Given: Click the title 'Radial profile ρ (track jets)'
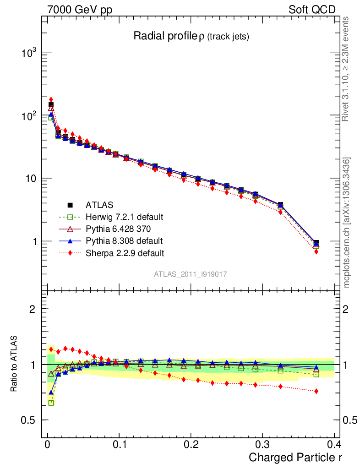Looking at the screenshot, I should (191, 37).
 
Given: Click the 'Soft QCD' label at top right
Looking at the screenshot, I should (312, 10).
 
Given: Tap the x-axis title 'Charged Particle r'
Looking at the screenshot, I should (295, 457).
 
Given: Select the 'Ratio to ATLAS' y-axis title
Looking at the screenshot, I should (15, 365).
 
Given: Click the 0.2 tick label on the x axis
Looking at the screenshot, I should (191, 444).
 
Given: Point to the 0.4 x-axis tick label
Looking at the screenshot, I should (334, 444).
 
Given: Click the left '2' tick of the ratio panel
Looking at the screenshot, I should (33, 309).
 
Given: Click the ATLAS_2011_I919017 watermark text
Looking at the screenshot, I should (191, 274).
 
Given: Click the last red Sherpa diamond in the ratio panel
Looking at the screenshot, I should (316, 391).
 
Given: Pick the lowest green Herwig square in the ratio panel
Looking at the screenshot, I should (51, 403).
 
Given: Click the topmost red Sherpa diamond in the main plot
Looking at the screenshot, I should (51, 99).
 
